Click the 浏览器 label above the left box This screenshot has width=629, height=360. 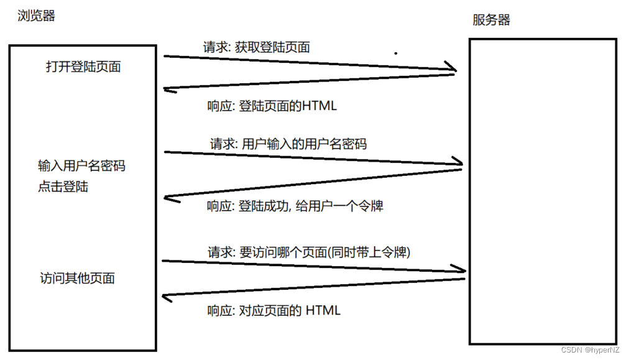[x=36, y=16]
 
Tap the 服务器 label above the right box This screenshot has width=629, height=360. [x=491, y=20]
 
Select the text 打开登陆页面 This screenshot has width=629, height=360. [x=83, y=67]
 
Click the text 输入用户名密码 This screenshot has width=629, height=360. [x=81, y=166]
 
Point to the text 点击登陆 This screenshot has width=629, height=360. [x=63, y=186]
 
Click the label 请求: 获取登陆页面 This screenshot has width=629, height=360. [x=256, y=47]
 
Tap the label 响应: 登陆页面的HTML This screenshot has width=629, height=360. [x=272, y=106]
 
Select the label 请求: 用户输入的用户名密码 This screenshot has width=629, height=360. [x=288, y=144]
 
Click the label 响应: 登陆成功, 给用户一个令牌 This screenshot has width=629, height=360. [x=295, y=206]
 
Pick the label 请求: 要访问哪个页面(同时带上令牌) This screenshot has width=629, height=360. [x=309, y=252]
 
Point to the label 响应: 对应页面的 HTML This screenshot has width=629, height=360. [x=273, y=310]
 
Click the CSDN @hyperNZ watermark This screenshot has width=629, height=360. [x=589, y=350]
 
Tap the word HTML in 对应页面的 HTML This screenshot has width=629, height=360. [x=323, y=310]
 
